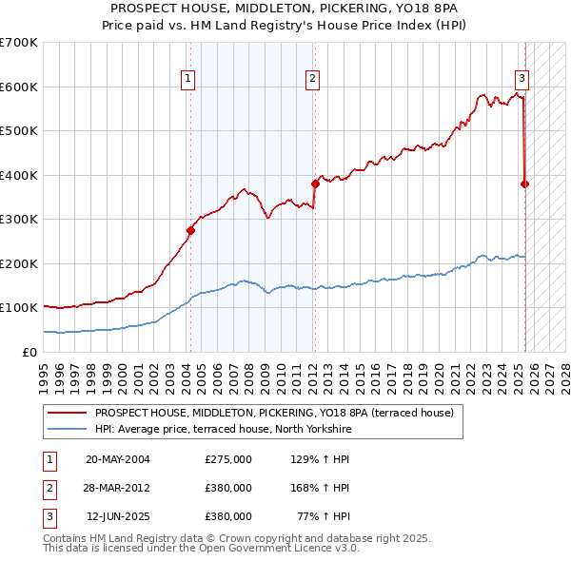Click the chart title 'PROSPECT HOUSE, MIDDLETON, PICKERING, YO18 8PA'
285,8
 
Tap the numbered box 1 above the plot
188,79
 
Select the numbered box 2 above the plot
312,79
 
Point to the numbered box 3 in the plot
522,79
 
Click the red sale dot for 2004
190,230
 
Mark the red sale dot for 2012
314,184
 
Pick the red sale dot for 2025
525,184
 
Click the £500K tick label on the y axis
19,130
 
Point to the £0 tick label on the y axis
29,352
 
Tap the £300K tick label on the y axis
19,219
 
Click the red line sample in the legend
67,413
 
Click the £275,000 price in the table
227,459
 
